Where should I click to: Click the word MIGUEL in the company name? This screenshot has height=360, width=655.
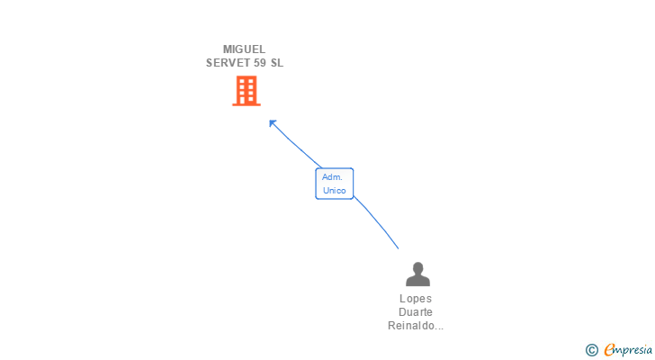(x=244, y=49)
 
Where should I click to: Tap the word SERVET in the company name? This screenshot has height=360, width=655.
(x=225, y=63)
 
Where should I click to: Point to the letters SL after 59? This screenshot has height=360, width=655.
(x=276, y=63)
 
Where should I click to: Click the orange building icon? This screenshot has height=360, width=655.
(x=246, y=91)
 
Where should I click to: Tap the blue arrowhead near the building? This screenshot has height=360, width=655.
(x=273, y=123)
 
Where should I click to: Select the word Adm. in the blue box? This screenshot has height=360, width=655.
(x=332, y=177)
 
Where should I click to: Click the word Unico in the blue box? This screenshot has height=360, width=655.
(x=335, y=190)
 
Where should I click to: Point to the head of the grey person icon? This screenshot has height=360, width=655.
(x=417, y=268)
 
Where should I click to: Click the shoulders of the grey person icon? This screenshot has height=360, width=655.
(x=417, y=281)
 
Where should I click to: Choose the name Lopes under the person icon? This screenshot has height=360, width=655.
(x=416, y=299)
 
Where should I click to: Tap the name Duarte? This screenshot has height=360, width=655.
(x=416, y=312)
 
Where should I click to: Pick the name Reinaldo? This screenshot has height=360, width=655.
(x=410, y=326)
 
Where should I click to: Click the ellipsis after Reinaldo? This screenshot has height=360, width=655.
(x=439, y=328)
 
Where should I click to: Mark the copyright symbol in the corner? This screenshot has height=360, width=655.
(x=592, y=350)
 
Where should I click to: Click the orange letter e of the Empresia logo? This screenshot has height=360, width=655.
(x=610, y=350)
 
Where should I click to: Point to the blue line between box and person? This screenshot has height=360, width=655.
(x=378, y=224)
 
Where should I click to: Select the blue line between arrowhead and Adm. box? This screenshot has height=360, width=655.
(x=297, y=146)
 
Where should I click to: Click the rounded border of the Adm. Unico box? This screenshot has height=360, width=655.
(x=316, y=184)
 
